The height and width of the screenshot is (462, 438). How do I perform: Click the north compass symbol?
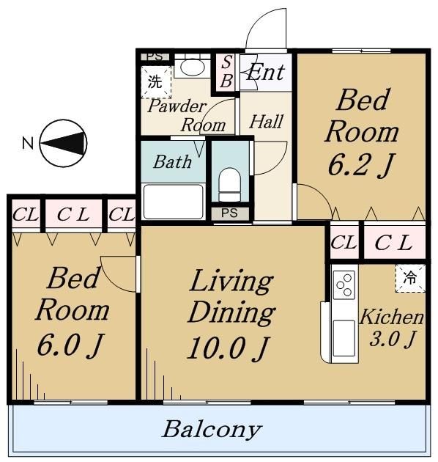(x=64, y=143)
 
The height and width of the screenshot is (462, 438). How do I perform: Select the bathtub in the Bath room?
(x=173, y=202)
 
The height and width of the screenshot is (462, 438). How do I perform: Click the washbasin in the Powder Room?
(x=192, y=67)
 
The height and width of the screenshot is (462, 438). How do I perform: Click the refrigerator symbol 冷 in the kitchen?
(x=410, y=278)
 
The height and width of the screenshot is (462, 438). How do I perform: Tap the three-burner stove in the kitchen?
(x=344, y=285)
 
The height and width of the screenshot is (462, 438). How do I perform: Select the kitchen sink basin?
(x=344, y=338)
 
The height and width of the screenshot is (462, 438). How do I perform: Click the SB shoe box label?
(x=226, y=72)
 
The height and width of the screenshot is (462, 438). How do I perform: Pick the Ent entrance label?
(x=266, y=72)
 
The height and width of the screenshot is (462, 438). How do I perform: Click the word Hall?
(x=266, y=122)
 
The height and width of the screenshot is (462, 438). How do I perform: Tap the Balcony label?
(x=212, y=429)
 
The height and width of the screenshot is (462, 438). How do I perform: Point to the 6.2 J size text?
(x=361, y=165)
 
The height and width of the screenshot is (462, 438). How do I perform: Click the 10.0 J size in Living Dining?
(x=228, y=349)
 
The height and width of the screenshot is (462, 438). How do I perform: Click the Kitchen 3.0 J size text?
(x=393, y=339)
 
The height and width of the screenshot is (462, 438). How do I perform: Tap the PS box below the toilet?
(x=230, y=213)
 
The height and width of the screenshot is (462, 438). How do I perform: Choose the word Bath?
(x=173, y=162)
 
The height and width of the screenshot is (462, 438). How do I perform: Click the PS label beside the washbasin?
(x=155, y=56)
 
